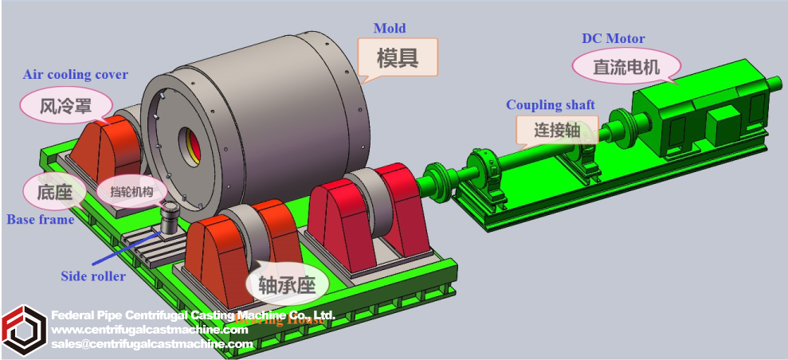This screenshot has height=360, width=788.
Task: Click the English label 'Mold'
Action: click(390, 29)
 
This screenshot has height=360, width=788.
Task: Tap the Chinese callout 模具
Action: click(398, 57)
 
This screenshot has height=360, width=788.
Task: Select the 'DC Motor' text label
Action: click(613, 38)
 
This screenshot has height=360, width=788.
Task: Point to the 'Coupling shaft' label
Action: click(551, 105)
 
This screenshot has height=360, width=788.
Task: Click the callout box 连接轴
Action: click(556, 130)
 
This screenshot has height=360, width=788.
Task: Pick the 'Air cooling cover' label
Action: click(76, 75)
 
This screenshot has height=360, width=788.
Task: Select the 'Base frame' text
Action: click(40, 219)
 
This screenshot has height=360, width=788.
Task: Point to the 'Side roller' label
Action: click(93, 276)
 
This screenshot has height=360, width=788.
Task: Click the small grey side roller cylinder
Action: click(170, 218)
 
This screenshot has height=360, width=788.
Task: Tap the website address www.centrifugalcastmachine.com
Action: click(150, 330)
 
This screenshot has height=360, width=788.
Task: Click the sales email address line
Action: click(151, 344)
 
